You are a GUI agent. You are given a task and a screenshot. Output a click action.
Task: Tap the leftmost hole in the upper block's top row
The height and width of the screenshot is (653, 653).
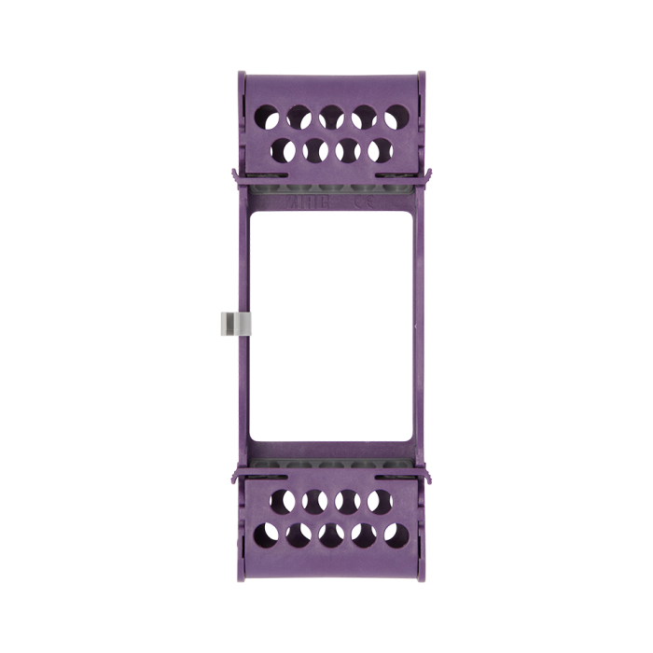[266, 117]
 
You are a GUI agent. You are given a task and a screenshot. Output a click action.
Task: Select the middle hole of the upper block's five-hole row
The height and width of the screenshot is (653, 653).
[331, 117]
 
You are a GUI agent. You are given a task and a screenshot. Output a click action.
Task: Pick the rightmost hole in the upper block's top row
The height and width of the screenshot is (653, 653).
[396, 118]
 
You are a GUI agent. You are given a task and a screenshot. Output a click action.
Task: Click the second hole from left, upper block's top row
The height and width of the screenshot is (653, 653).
[299, 117]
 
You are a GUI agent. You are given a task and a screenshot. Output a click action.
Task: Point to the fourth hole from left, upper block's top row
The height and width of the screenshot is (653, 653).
[364, 117]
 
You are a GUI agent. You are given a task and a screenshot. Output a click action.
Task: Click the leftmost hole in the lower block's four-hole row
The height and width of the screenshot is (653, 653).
[283, 502]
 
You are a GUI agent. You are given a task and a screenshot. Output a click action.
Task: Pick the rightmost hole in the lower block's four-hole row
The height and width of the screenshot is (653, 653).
[380, 502]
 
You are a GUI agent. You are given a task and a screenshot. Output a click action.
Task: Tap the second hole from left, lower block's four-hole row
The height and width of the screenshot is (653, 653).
[315, 502]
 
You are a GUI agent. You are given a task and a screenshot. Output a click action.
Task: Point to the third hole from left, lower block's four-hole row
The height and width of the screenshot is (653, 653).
[347, 502]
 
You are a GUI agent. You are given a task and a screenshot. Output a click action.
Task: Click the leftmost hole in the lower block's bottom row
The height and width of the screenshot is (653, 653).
[266, 535]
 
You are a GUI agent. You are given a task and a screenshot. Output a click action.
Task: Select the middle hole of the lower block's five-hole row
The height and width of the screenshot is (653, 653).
[331, 535]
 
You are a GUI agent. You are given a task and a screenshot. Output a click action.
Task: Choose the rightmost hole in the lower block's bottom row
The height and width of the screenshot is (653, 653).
[396, 535]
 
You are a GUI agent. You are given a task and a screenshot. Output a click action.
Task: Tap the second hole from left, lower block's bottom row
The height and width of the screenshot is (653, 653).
[299, 535]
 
